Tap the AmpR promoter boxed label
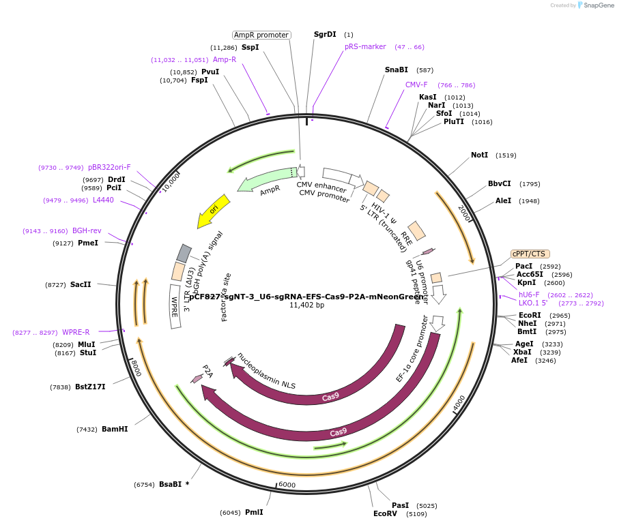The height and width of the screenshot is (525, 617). coord(261,35)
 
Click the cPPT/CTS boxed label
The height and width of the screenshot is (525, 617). coord(530,254)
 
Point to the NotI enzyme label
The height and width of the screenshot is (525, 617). coord(480,155)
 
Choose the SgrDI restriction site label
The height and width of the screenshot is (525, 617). coord(325,34)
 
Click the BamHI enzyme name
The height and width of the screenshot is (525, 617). coord(115,429)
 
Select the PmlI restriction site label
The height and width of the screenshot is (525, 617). coord(254,512)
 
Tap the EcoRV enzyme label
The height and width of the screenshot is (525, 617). coord(385,513)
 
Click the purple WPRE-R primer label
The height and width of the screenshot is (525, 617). coord(76,332)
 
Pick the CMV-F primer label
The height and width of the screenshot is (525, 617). coord(416,85)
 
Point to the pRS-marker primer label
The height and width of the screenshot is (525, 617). coord(365,46)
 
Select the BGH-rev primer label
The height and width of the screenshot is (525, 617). coord(87,230)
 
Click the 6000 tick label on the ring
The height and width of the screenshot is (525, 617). coord(287,484)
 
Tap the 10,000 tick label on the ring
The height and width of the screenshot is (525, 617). coord(168,181)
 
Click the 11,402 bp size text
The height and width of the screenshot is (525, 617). coord(307,305)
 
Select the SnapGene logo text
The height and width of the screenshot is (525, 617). coord(599,5)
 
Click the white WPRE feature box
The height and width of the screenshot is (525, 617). coord(175,306)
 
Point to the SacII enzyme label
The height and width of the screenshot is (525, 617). coord(81,284)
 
